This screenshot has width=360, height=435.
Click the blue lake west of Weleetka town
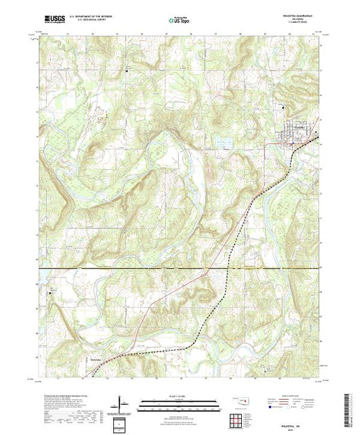coord(222,143)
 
